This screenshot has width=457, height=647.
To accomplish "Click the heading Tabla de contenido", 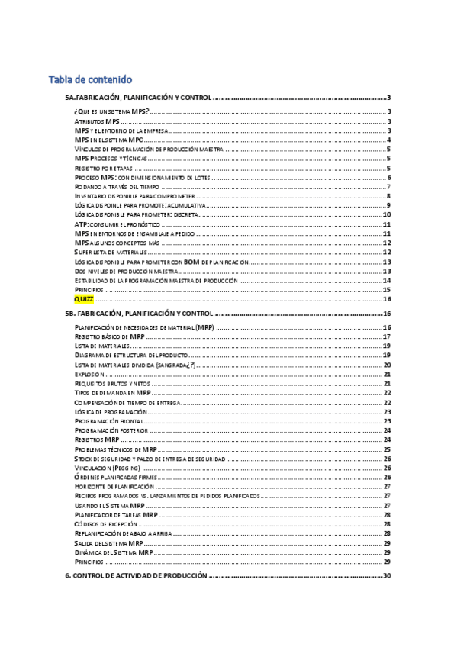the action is pyautogui.click(x=90, y=79).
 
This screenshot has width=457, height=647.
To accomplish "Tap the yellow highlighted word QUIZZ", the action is pyautogui.click(x=84, y=299).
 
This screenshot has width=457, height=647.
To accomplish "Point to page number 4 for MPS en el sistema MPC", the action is pyautogui.click(x=388, y=140).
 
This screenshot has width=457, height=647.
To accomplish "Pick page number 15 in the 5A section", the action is pyautogui.click(x=387, y=290).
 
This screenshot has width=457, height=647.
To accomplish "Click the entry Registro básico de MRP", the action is pyautogui.click(x=109, y=336).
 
